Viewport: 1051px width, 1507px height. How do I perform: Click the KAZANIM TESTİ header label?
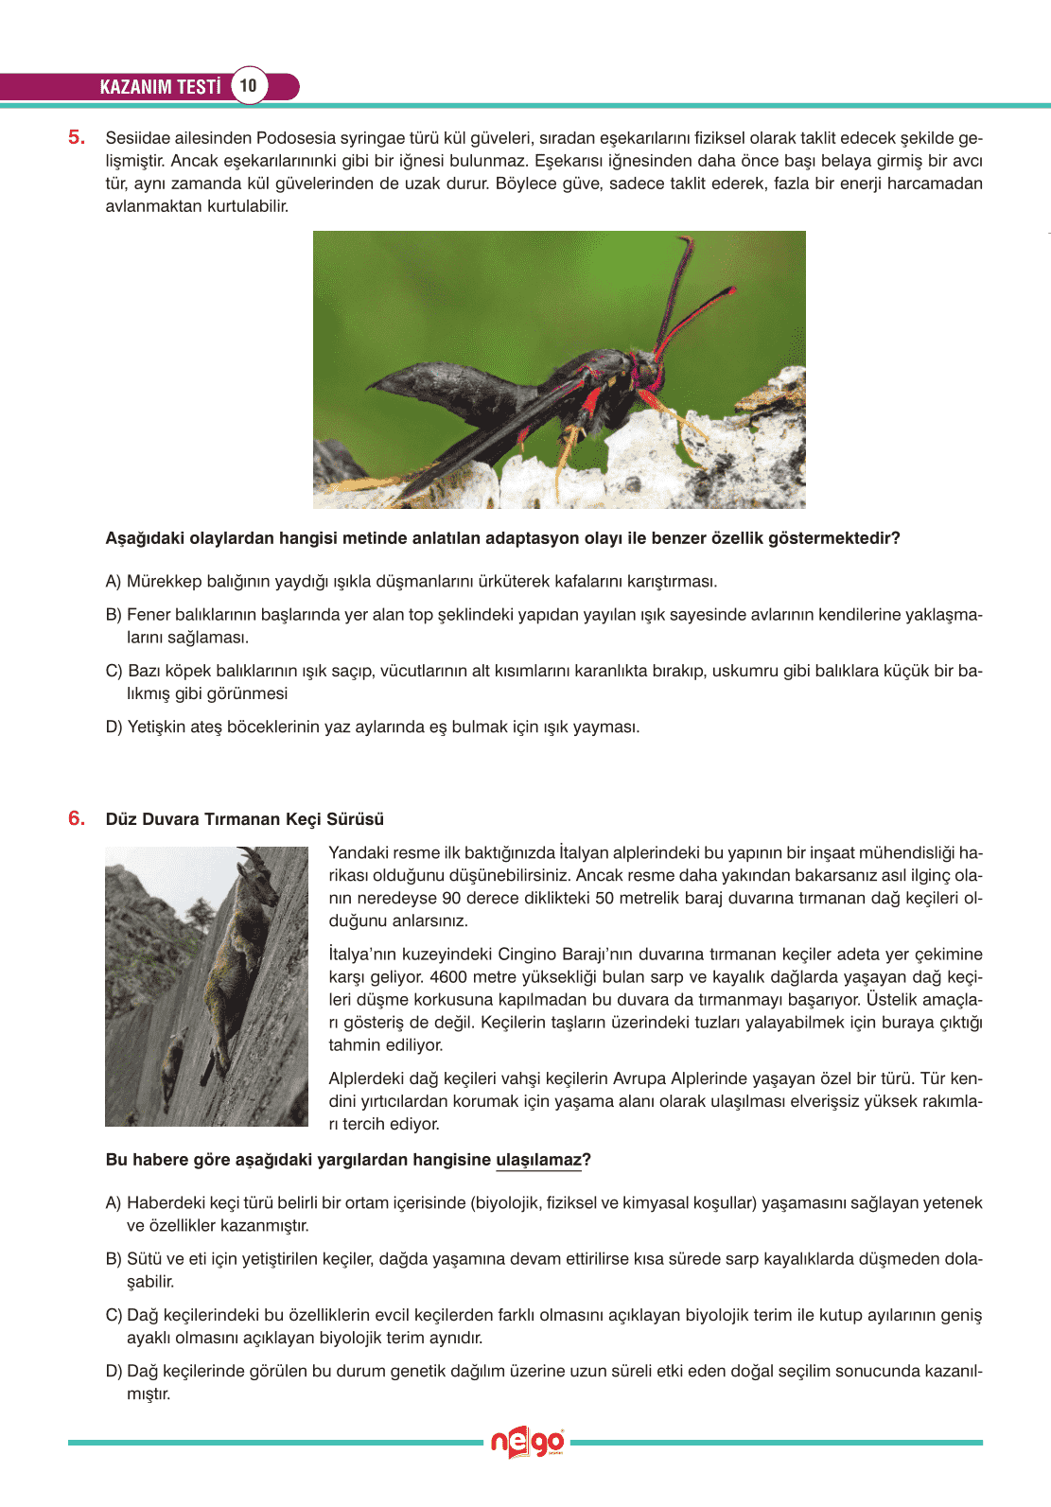tap(160, 87)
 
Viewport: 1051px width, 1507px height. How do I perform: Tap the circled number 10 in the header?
tap(248, 86)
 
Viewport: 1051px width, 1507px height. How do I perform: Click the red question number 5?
tap(77, 137)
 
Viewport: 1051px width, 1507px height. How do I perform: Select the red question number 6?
tap(77, 818)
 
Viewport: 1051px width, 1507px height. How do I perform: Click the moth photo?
tap(559, 370)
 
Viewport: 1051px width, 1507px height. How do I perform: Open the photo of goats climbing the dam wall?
tap(206, 986)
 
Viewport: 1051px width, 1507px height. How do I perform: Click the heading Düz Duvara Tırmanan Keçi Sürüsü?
tap(245, 819)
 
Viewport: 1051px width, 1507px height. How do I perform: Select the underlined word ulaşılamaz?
tap(538, 1160)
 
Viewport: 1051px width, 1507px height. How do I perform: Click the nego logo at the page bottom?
tap(527, 1443)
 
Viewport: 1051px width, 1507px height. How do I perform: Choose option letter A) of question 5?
tap(114, 581)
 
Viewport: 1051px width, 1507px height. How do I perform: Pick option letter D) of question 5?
tap(114, 727)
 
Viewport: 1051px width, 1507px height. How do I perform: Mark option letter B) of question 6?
tap(114, 1259)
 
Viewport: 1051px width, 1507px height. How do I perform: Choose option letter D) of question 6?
tap(114, 1371)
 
